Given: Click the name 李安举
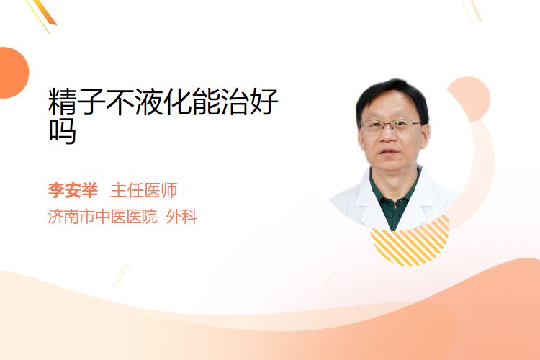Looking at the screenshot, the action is (x=73, y=190).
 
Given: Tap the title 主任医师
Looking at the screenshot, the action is (x=144, y=190).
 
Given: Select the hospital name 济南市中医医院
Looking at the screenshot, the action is (x=103, y=217).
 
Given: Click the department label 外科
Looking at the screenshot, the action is (x=181, y=217).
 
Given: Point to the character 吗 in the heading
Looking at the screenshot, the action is (x=63, y=131).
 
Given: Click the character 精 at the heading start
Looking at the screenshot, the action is (x=63, y=102).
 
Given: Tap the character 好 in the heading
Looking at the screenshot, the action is (x=264, y=102).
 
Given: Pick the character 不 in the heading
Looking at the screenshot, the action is (x=120, y=102).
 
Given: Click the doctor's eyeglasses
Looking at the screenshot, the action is (x=390, y=126).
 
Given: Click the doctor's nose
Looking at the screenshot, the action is (x=389, y=136).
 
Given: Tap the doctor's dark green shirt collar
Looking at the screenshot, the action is (x=395, y=193).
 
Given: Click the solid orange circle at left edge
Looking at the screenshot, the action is (x=13, y=73).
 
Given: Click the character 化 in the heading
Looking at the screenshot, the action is (x=177, y=102).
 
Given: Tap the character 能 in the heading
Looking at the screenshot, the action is (x=206, y=102).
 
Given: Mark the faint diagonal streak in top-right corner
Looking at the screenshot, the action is (x=472, y=10).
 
